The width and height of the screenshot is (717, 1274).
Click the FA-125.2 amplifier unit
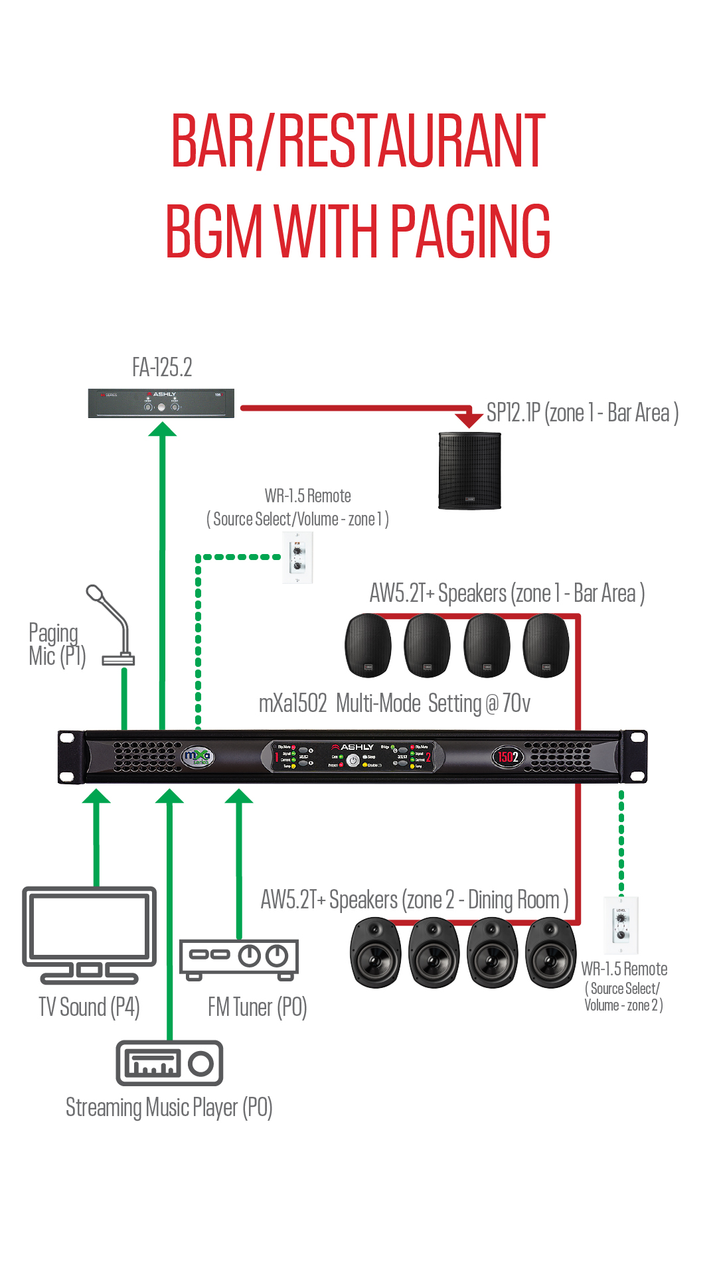coord(161,403)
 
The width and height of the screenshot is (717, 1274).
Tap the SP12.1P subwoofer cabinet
coord(469,470)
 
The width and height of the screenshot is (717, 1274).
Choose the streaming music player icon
coord(169,1063)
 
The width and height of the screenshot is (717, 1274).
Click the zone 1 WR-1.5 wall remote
coord(298,558)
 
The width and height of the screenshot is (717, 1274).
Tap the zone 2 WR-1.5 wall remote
coord(621,925)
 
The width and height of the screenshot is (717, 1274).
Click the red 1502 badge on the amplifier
coord(508,756)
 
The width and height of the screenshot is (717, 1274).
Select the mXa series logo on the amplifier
coord(197,756)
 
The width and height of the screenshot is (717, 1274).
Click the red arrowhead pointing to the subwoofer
coord(469,419)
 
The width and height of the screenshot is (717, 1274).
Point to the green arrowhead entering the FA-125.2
coord(162,429)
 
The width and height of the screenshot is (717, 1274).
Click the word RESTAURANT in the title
coord(412,141)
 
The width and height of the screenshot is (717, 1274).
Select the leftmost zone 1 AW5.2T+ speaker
coord(368,645)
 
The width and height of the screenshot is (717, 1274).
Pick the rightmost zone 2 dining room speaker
coord(550,952)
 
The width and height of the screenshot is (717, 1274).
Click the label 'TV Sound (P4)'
coord(89,1007)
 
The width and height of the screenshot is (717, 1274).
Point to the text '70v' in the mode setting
coord(517,703)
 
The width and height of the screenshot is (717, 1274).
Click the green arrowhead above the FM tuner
coord(239,796)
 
